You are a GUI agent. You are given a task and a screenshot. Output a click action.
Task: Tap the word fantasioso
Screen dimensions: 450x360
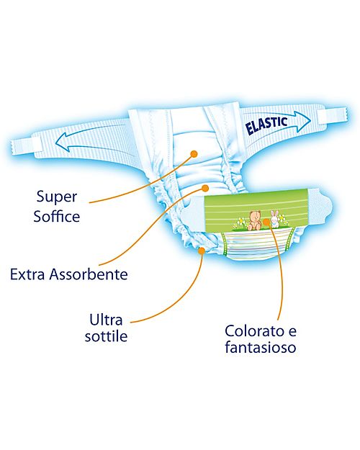click(260, 351)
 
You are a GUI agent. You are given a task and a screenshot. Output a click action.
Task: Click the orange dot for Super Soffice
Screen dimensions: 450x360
click(194, 153)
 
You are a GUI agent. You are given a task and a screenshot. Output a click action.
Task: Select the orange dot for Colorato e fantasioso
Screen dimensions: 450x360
click(273, 224)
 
